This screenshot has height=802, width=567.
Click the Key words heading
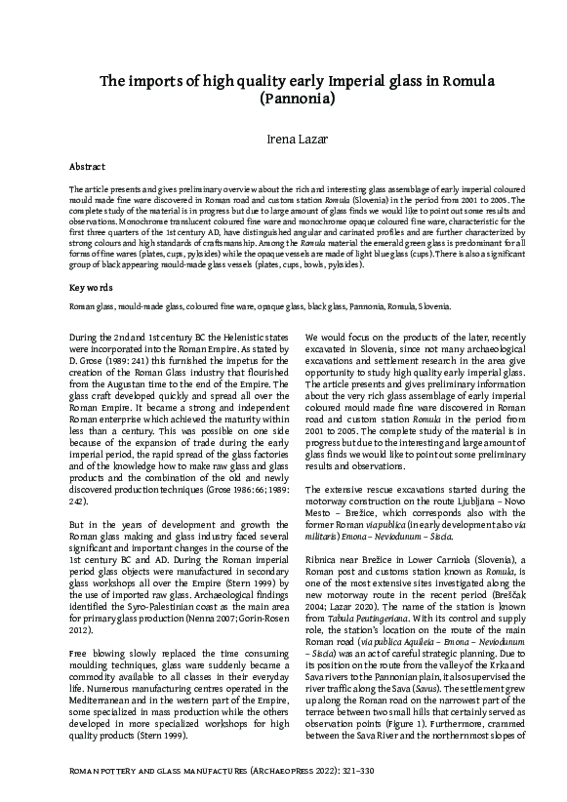[x=90, y=288]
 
